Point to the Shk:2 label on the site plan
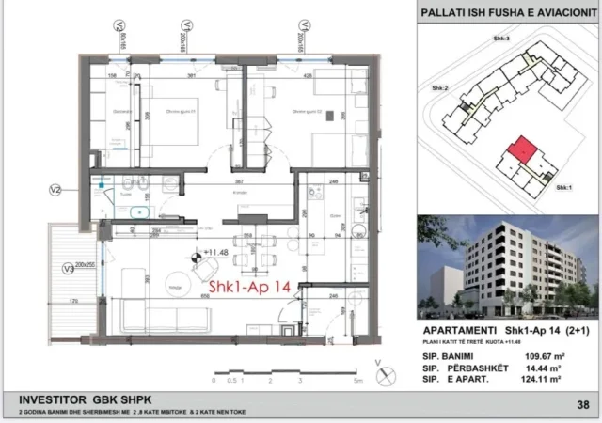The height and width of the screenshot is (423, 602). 439,88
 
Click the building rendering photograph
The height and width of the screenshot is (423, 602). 505,269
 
